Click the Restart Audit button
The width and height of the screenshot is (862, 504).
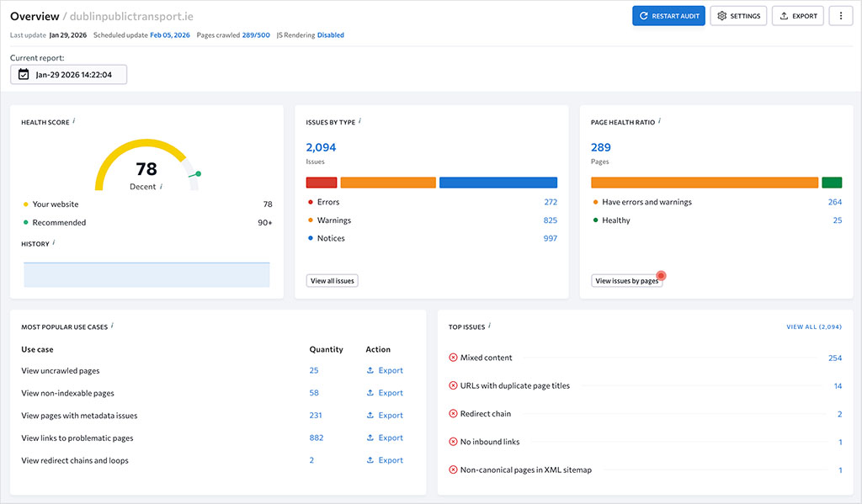click(668, 16)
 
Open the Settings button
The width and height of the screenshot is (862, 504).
click(738, 16)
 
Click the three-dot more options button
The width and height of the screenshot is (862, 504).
click(841, 16)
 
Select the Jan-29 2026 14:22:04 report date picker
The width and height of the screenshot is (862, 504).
click(68, 74)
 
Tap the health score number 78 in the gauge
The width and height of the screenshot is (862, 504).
click(146, 169)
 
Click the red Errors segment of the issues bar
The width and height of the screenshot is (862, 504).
click(322, 183)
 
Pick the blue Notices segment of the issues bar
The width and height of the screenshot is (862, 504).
click(498, 183)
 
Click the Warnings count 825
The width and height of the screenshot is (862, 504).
click(551, 220)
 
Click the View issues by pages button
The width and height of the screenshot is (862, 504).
click(627, 281)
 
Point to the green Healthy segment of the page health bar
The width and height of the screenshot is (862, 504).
click(832, 183)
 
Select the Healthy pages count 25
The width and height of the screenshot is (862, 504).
click(837, 220)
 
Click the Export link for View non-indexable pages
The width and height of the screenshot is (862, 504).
click(385, 393)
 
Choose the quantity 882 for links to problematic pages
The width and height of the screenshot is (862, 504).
click(317, 438)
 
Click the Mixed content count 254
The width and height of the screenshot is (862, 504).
click(834, 358)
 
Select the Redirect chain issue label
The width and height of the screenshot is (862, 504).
click(486, 414)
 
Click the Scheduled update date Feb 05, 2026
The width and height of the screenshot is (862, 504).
click(170, 35)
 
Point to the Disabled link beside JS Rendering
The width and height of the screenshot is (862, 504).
click(331, 35)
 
